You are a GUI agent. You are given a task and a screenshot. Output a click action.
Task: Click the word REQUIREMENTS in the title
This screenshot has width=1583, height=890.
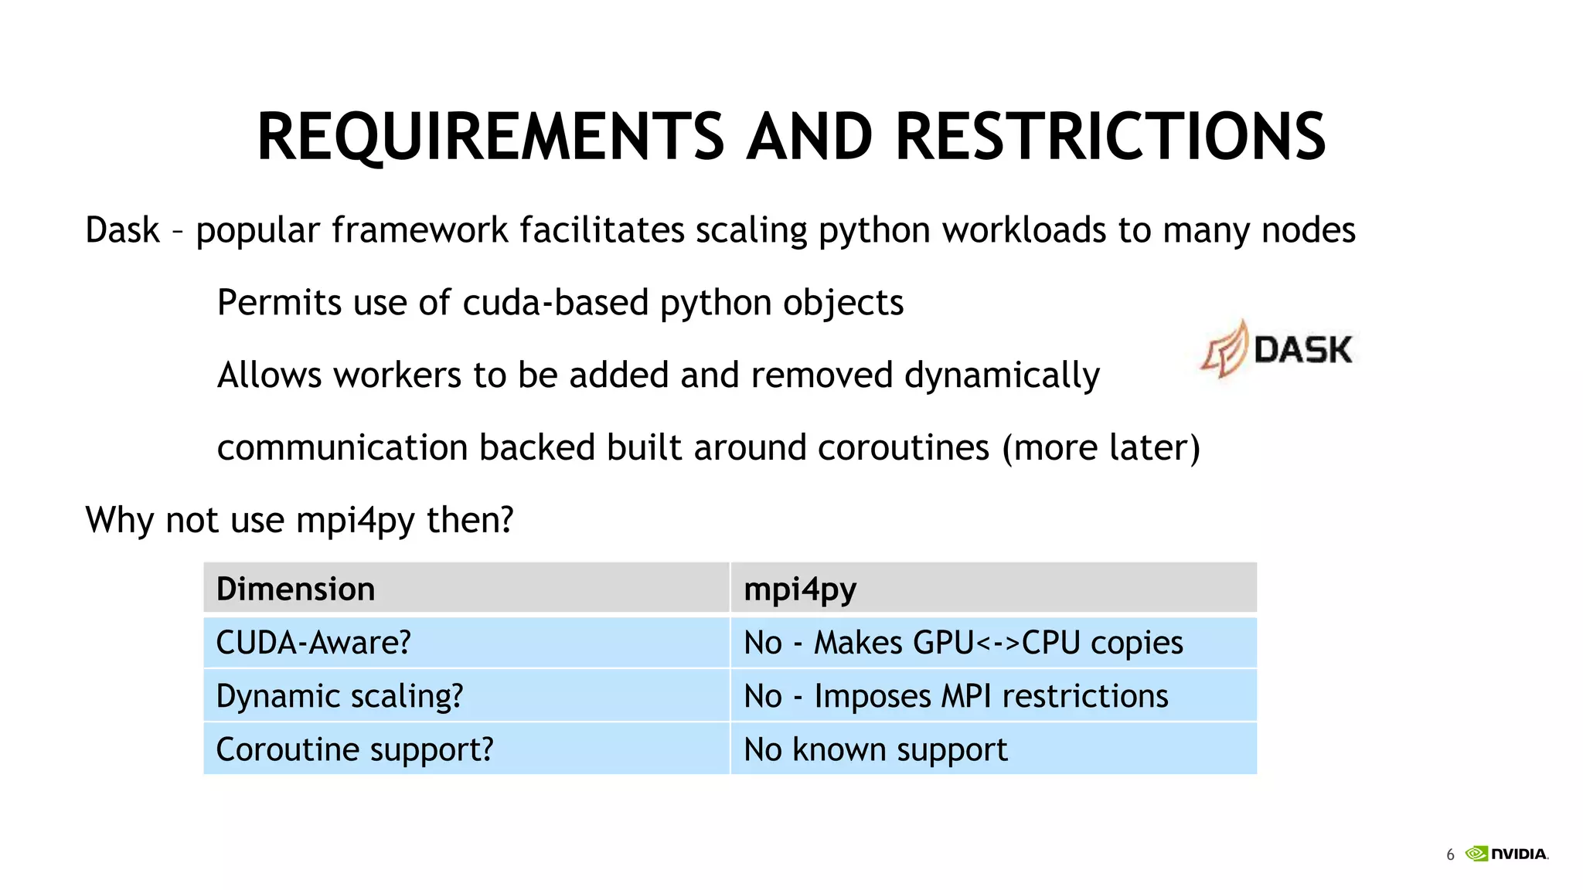tap(490, 137)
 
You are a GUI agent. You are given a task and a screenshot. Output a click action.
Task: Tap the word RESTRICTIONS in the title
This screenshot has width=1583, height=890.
tap(1110, 137)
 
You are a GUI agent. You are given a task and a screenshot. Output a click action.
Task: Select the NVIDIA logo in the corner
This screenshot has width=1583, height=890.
tap(1507, 854)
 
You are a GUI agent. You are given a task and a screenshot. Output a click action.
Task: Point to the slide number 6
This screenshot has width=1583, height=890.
tap(1450, 854)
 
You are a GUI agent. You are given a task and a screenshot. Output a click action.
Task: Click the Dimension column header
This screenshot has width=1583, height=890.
tap(295, 589)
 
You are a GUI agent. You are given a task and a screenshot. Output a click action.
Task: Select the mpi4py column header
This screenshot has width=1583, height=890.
tap(799, 589)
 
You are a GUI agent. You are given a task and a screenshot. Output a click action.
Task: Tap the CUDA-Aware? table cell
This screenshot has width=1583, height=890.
tap(313, 643)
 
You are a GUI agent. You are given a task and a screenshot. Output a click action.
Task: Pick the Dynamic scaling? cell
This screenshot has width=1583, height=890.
tap(339, 696)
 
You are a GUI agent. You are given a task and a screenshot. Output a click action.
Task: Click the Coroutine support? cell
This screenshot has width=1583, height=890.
tap(354, 749)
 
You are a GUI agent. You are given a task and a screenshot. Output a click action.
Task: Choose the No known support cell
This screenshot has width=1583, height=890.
tap(875, 749)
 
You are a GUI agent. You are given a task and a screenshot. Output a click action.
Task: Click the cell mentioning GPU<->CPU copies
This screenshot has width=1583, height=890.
tap(962, 643)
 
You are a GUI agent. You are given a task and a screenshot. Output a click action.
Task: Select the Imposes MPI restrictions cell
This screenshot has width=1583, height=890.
tap(955, 696)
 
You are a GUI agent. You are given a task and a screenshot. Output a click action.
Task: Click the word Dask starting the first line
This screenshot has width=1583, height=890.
tap(122, 230)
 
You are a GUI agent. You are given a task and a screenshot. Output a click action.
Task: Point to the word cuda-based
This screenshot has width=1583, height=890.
tap(555, 302)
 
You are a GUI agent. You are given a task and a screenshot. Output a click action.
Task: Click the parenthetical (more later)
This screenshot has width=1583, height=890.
tap(1101, 448)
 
